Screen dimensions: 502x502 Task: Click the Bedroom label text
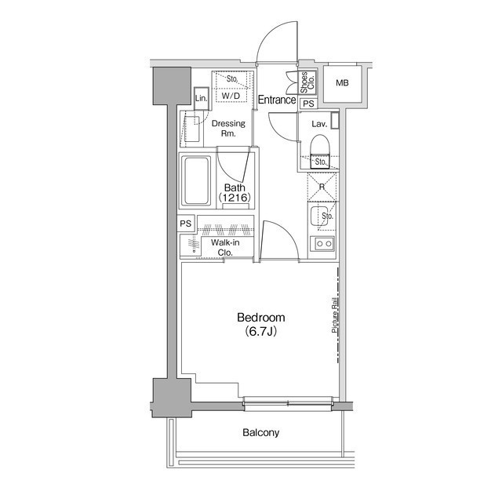coord(260,318)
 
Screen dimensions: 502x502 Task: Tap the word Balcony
coord(260,432)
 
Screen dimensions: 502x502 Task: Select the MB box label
coord(343,84)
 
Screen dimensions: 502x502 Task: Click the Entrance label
coord(277,100)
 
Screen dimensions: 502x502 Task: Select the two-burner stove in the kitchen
coord(322,245)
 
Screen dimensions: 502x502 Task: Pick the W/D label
coord(230,96)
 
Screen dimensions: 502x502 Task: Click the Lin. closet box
coord(202,98)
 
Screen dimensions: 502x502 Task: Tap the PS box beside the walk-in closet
coord(186,224)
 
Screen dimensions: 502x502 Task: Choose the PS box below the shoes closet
coord(308,103)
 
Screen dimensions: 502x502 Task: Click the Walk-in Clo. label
coord(226,248)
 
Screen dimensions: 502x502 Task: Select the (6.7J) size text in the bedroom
coord(260,332)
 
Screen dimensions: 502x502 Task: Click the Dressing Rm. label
coord(229,129)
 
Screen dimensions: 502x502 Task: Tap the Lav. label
coord(318,124)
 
